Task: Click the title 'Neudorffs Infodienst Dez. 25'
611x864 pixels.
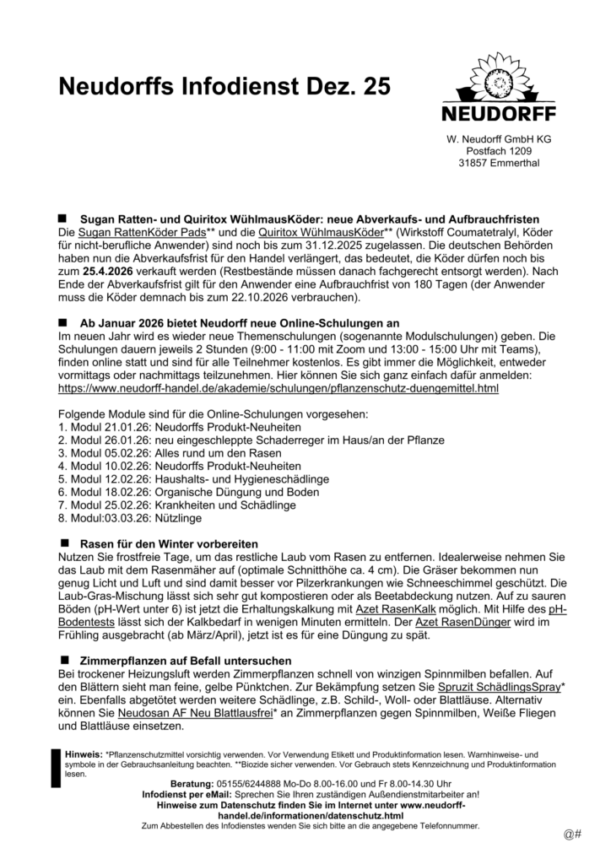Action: pyautogui.click(x=224, y=86)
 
